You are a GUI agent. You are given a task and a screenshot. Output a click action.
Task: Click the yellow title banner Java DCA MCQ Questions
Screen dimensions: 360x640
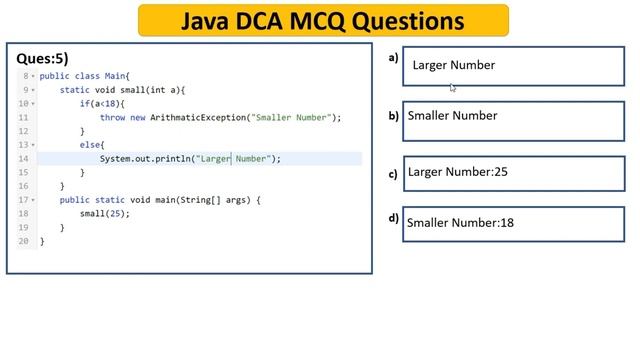[x=322, y=20]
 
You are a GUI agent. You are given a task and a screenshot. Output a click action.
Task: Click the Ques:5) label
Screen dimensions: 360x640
[x=42, y=59]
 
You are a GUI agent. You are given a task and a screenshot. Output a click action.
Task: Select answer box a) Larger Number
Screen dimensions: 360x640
[x=512, y=65]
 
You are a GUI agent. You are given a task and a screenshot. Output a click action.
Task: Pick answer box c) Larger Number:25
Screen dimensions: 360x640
[x=514, y=172]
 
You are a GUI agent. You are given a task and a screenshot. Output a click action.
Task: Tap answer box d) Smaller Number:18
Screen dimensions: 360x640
[x=514, y=223]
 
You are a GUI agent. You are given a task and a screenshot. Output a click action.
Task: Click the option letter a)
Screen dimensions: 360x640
[x=393, y=58]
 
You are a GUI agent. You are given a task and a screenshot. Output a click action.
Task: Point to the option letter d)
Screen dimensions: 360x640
[x=394, y=219]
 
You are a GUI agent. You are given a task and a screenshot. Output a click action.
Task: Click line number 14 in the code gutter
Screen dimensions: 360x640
[x=23, y=159]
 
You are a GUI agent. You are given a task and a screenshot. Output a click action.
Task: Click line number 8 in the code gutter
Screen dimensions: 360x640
[x=23, y=76]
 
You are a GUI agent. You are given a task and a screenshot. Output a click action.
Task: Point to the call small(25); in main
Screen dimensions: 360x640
[x=105, y=214]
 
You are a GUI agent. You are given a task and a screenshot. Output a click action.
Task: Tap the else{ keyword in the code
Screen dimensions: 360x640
[x=92, y=145]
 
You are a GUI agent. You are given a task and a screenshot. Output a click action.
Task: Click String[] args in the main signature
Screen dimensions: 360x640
[x=221, y=200]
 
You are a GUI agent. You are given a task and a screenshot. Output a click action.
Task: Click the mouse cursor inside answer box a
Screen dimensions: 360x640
[x=452, y=87]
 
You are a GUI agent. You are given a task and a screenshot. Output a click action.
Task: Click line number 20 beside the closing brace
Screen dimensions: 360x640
[x=23, y=241]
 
